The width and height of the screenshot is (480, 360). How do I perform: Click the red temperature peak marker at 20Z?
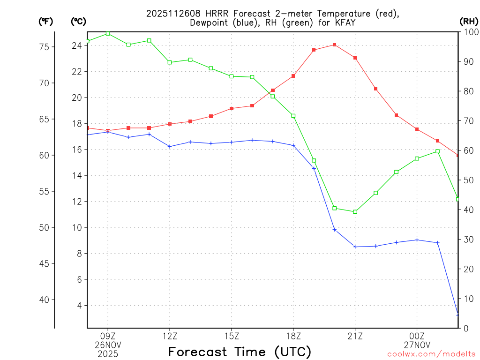(335, 45)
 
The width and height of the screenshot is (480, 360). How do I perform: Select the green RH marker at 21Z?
(355, 212)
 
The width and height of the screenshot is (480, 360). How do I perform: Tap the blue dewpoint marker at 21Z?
(355, 247)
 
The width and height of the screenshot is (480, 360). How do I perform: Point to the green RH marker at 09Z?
(108, 33)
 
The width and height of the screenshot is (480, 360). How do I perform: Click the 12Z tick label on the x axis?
(170, 336)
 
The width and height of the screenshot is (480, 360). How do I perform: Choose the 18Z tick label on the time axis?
(293, 336)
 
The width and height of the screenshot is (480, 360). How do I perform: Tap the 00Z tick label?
(417, 336)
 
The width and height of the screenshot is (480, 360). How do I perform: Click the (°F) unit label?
(45, 21)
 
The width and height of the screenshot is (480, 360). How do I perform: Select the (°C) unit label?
(78, 21)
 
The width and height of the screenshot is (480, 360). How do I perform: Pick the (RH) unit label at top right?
(469, 21)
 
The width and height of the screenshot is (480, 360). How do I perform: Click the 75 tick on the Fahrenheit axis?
(45, 47)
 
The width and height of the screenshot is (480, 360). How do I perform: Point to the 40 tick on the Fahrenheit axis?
(45, 300)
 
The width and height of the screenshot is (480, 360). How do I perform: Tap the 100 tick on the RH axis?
(471, 32)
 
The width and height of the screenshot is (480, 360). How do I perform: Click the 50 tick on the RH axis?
(468, 180)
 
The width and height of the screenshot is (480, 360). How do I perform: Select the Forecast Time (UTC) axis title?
(240, 352)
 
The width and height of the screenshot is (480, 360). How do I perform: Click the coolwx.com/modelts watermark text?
(431, 354)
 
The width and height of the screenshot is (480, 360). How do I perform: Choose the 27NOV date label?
(417, 345)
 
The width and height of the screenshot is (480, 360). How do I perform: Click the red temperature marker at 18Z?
(293, 76)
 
